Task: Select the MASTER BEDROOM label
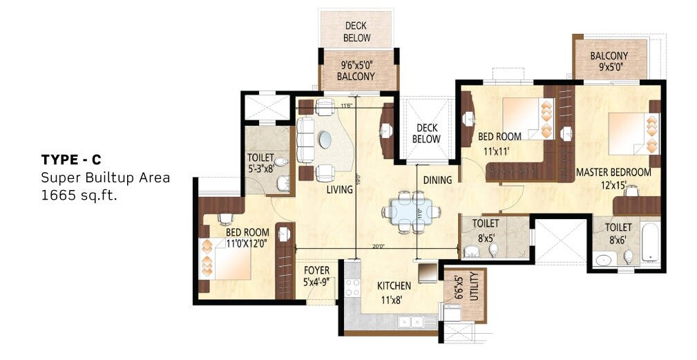point(613,172)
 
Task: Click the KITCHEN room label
point(394,285)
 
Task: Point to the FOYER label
point(316,270)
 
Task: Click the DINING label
point(437,180)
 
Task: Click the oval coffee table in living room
point(324,140)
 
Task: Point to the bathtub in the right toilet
point(650,241)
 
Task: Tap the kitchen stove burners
point(352,287)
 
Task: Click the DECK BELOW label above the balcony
point(357,32)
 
